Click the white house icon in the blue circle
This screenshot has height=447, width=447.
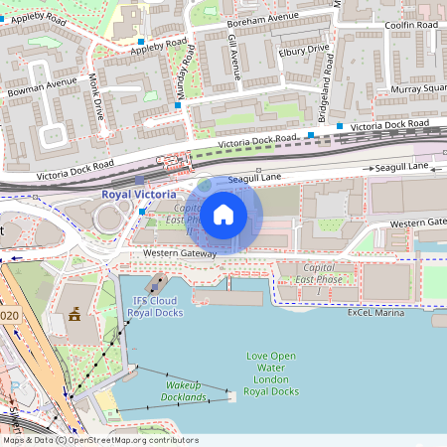(x=223, y=214)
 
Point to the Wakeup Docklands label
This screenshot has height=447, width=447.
(x=186, y=390)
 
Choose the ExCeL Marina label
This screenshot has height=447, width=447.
(x=376, y=312)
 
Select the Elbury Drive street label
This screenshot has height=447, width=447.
(x=304, y=49)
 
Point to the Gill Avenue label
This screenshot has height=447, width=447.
(x=234, y=55)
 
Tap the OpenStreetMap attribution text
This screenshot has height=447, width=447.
(x=99, y=440)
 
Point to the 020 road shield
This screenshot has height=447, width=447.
(x=10, y=315)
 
